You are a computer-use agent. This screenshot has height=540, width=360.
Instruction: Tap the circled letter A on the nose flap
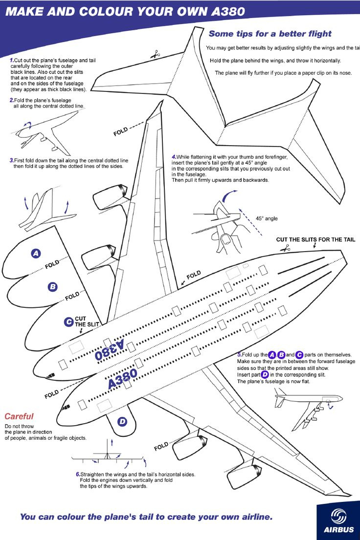(x=36, y=253)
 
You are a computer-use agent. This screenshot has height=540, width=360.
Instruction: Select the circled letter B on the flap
(x=52, y=287)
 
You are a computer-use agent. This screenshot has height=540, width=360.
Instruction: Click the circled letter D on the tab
(x=122, y=421)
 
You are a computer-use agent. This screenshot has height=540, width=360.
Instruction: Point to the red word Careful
(x=19, y=416)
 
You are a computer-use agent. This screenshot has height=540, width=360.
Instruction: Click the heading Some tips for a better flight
(x=270, y=34)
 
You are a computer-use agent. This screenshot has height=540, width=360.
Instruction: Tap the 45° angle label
(x=267, y=218)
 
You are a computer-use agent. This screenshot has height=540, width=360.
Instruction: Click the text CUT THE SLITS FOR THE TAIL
(x=315, y=239)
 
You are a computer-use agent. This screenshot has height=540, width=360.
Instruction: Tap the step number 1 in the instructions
(x=11, y=60)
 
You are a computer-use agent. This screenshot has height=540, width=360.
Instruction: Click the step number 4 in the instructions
(x=174, y=157)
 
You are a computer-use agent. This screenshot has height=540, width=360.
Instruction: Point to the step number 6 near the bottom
(x=78, y=474)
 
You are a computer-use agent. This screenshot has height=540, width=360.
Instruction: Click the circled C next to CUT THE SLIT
(x=69, y=322)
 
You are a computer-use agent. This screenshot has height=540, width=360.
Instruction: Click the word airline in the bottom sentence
(x=252, y=517)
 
